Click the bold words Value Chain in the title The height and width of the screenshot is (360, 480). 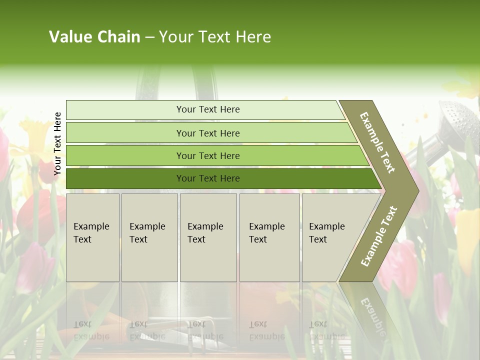point(94,37)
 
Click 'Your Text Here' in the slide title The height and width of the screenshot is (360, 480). point(215,37)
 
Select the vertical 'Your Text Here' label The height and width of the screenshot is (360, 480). point(57,143)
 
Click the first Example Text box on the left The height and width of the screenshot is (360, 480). point(92,237)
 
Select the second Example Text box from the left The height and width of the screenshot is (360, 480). point(149,237)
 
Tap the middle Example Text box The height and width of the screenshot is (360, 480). point(208,237)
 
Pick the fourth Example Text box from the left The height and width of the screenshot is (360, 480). point(269,237)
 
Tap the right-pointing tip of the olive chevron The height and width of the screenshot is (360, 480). point(412,190)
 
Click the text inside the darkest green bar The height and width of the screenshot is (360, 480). point(208,178)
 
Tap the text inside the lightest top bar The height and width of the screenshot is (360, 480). point(208,109)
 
